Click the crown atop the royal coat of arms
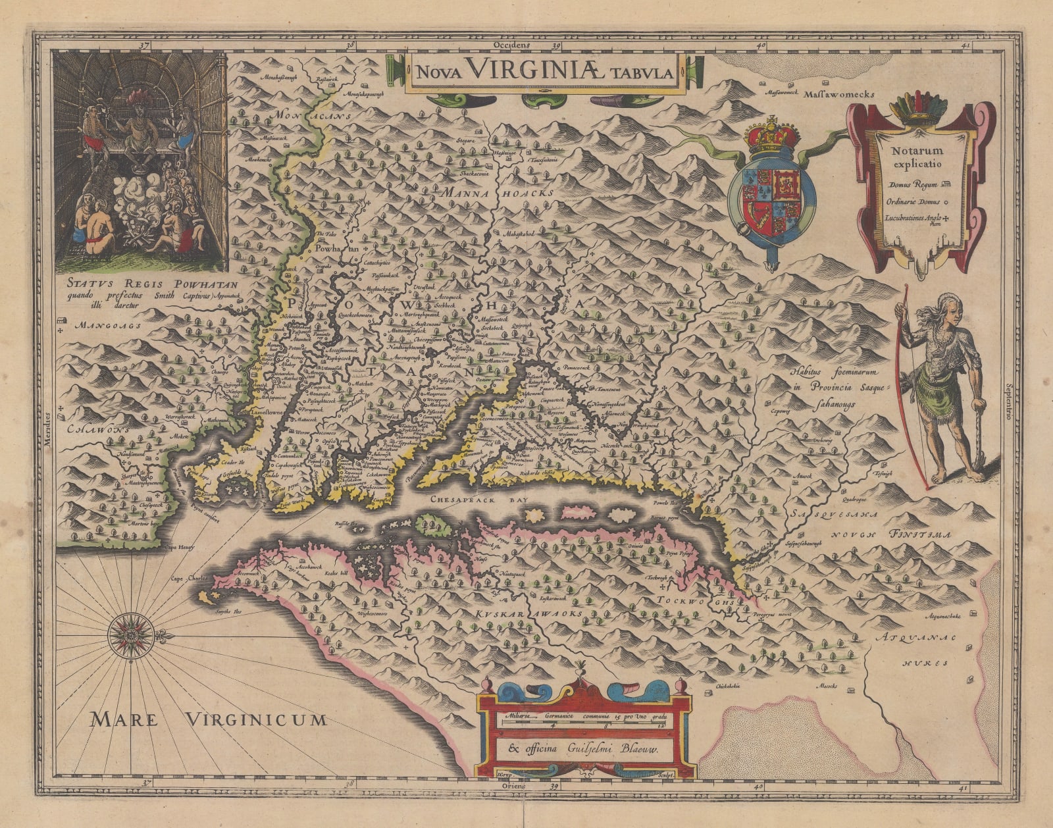coord(773,135)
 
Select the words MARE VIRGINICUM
coord(209,719)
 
